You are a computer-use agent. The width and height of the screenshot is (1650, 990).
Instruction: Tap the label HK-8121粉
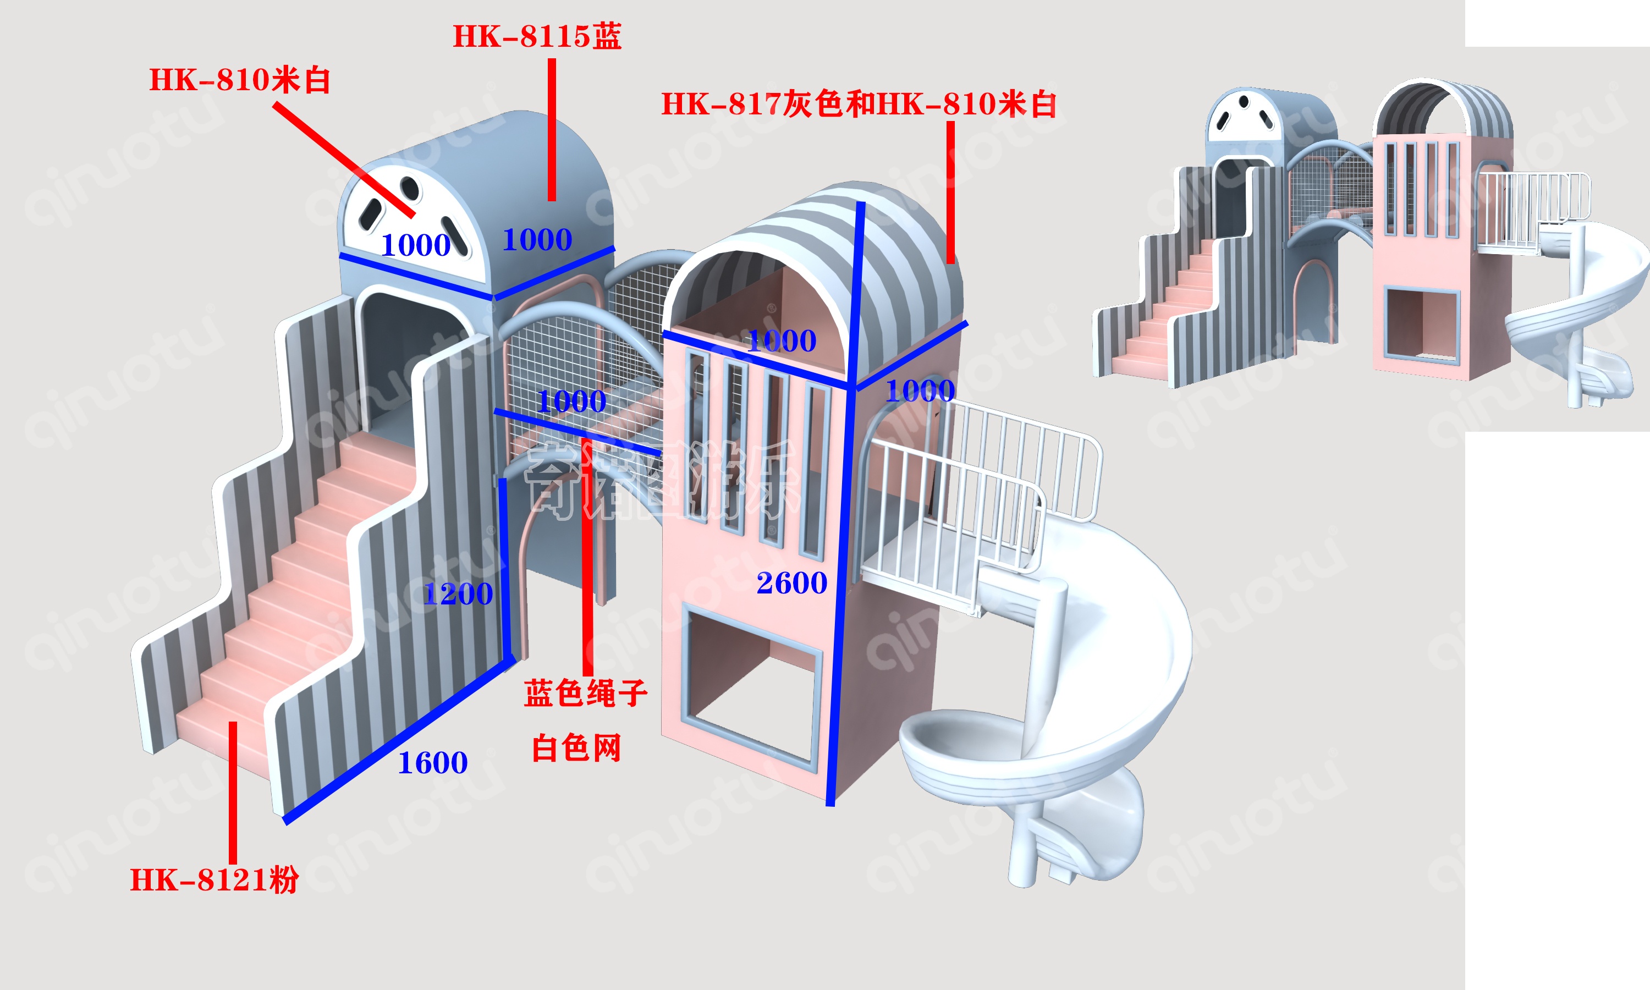point(214,880)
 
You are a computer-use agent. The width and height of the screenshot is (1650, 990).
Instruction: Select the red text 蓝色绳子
point(585,693)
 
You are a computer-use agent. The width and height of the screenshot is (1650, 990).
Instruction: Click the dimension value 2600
point(791,583)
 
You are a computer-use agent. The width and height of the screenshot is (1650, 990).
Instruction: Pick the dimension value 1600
point(432,762)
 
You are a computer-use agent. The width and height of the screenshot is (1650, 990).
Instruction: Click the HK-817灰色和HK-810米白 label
point(859,104)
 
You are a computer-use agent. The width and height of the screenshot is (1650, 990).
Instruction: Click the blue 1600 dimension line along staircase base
point(400,740)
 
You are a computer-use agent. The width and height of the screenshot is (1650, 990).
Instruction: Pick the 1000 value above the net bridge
point(571,401)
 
